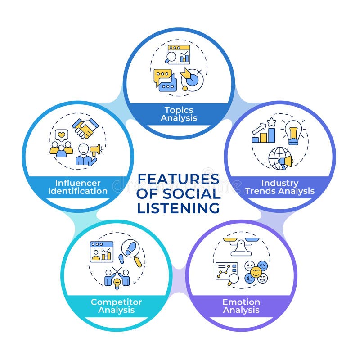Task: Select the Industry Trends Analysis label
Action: pyautogui.click(x=280, y=187)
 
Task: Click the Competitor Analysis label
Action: pyautogui.click(x=116, y=306)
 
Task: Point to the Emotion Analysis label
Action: pyautogui.click(x=241, y=306)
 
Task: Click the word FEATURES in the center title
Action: pyautogui.click(x=179, y=179)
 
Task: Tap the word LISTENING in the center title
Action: pyautogui.click(x=179, y=208)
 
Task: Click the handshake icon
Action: pyautogui.click(x=85, y=128)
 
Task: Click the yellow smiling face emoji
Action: pyautogui.click(x=256, y=272)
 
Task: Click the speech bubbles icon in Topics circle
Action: pyautogui.click(x=164, y=80)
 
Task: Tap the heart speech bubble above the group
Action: pyautogui.click(x=62, y=134)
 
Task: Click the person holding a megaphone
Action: pyautogui.click(x=87, y=153)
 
